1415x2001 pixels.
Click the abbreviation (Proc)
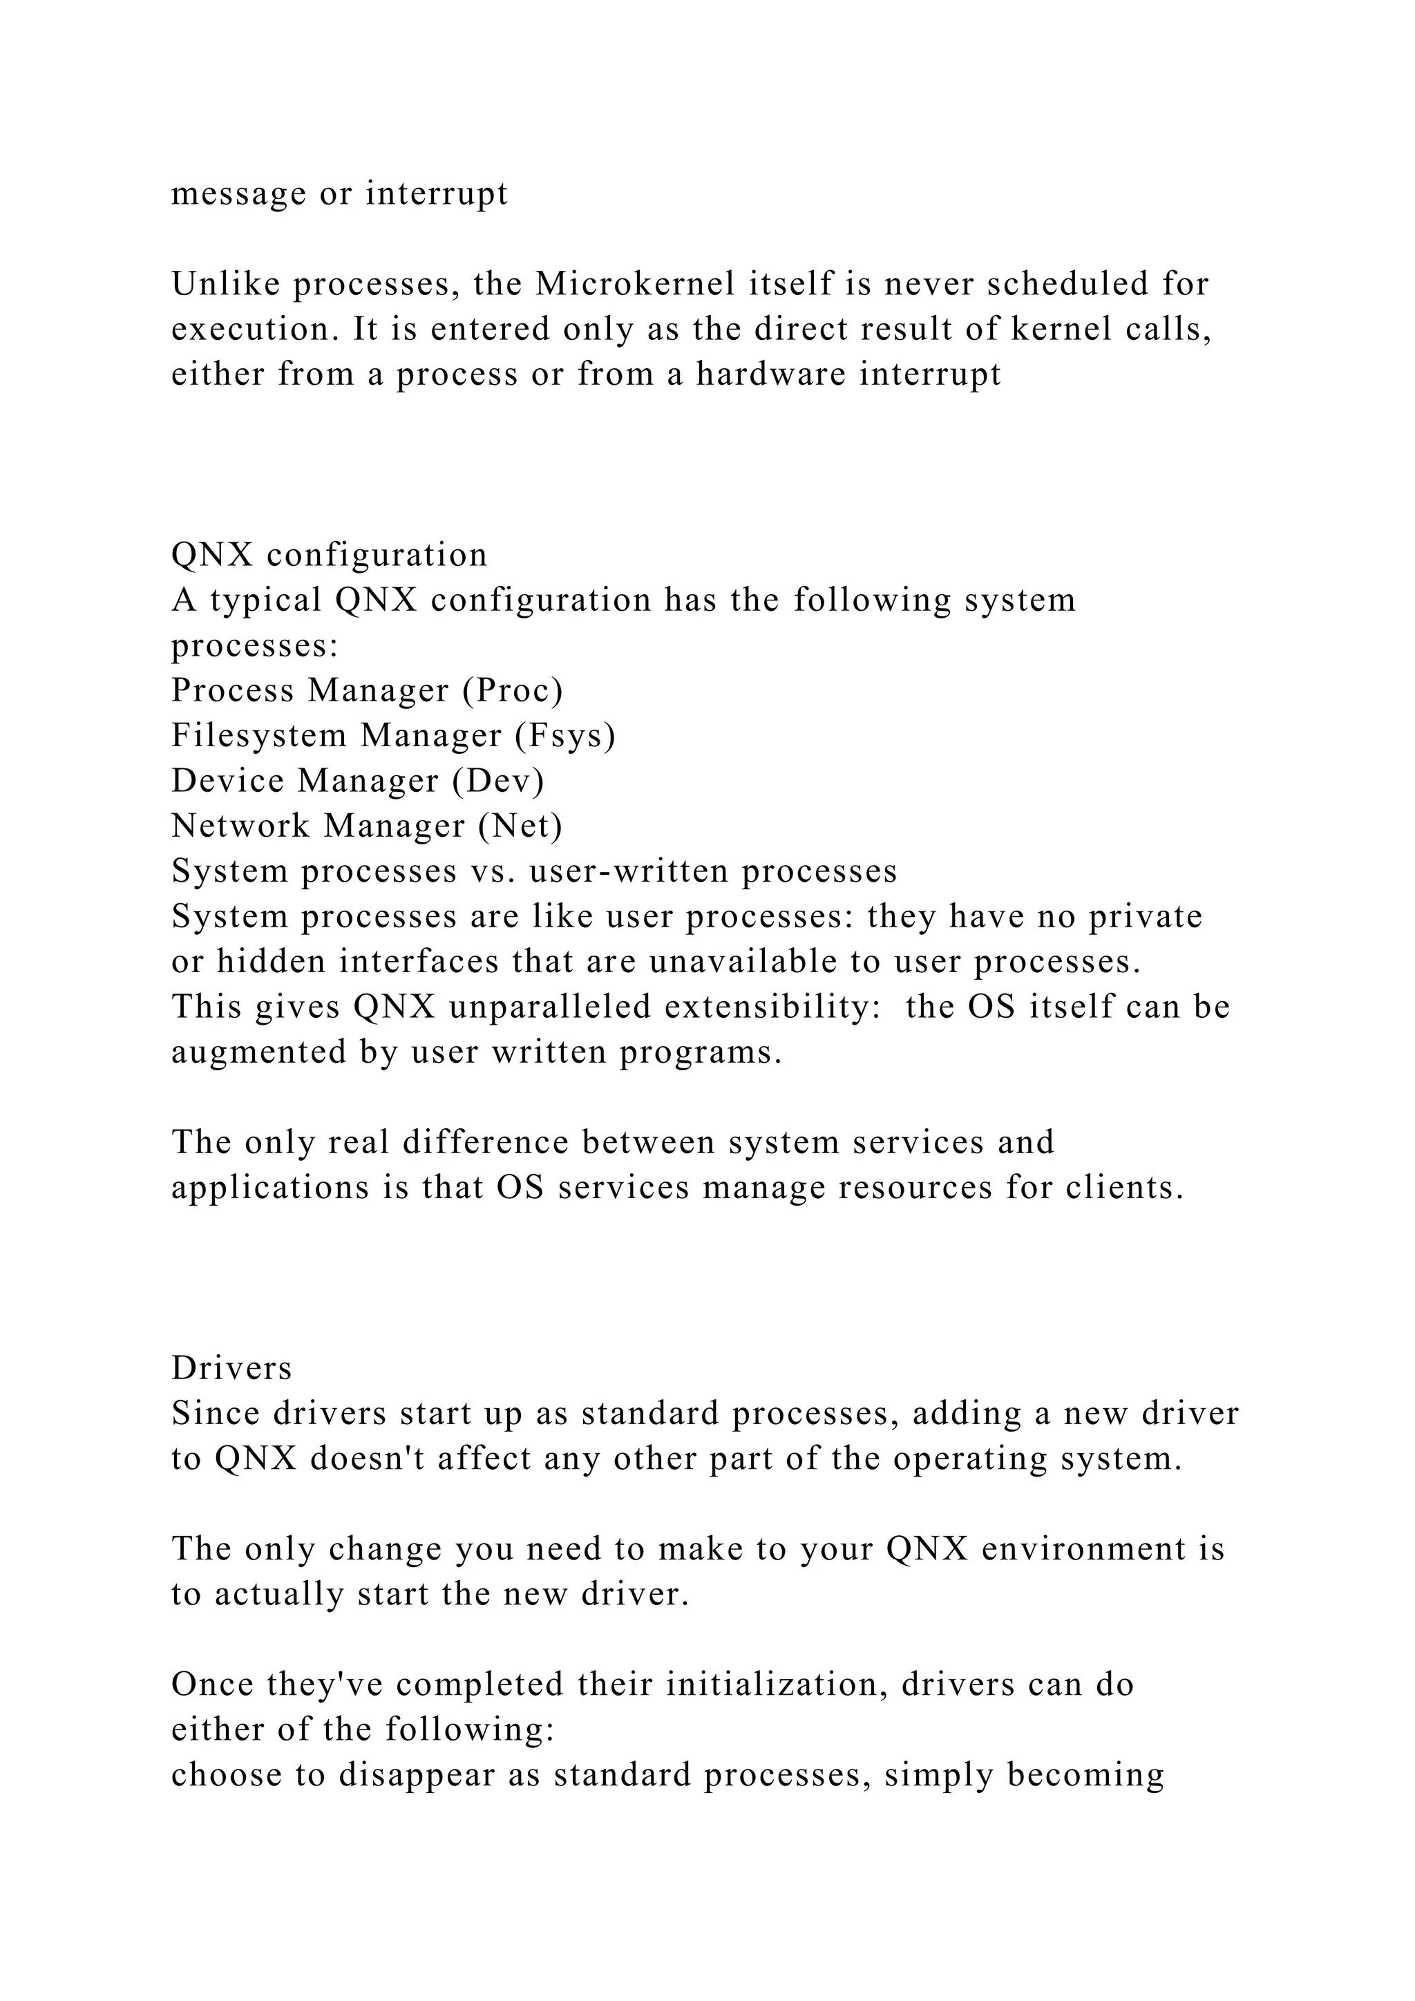513,691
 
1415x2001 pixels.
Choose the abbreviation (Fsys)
564,737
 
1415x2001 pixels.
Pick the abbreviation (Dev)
498,781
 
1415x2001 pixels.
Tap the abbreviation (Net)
520,826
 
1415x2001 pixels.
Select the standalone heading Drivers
231,1368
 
